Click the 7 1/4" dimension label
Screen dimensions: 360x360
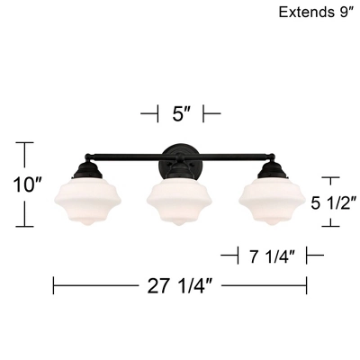point(272,256)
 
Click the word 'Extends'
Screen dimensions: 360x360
point(303,13)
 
